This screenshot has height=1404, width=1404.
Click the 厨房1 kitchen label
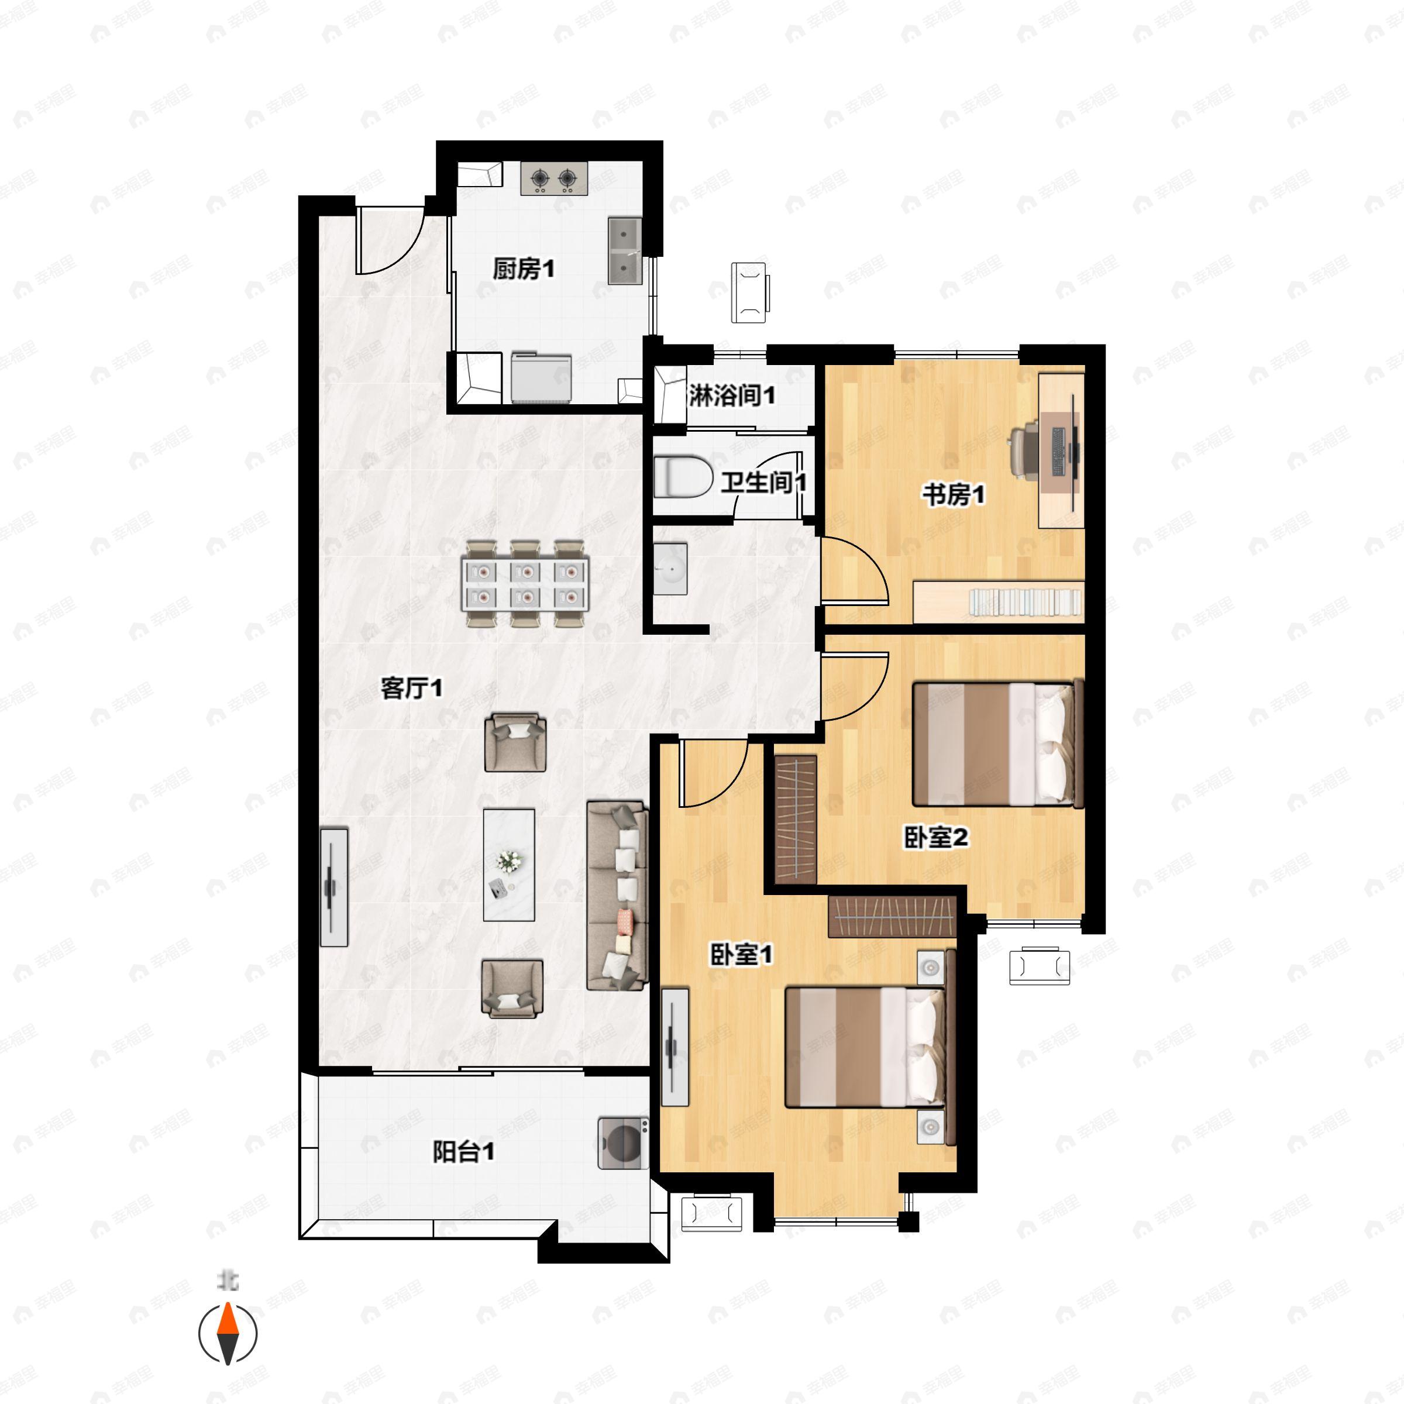(x=523, y=270)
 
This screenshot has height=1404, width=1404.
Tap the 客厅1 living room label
(x=411, y=687)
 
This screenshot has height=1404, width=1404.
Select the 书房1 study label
(x=954, y=495)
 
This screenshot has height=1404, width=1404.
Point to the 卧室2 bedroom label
(x=936, y=838)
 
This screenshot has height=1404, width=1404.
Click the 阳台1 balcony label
(x=464, y=1152)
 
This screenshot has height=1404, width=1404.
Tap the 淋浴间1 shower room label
(x=732, y=395)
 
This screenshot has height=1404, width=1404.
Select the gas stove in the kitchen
(x=554, y=178)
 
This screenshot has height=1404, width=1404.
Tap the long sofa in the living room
(x=617, y=896)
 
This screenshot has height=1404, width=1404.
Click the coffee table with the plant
(x=509, y=865)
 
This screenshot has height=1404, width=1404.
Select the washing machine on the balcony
(x=623, y=1143)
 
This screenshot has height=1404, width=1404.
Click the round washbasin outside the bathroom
(x=670, y=568)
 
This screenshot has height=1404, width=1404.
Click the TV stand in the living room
(x=334, y=887)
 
